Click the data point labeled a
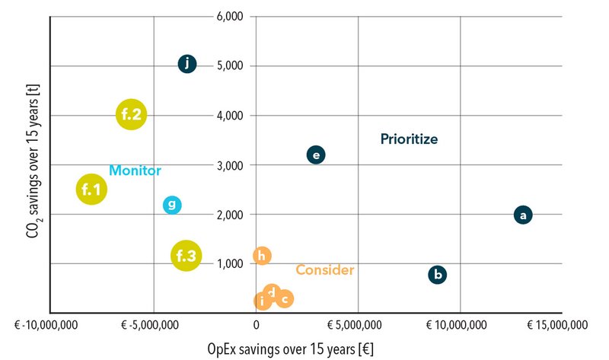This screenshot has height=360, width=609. click(522, 215)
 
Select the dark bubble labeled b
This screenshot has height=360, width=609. click(437, 275)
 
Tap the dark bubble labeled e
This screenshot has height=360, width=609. click(316, 155)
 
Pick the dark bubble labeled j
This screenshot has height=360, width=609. click(187, 64)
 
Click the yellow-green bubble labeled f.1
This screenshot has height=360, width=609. click(91, 189)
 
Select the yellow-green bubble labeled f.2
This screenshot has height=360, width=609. click(131, 115)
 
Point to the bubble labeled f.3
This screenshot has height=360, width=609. click(187, 256)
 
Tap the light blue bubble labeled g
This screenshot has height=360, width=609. click(172, 204)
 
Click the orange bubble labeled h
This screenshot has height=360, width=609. click(262, 256)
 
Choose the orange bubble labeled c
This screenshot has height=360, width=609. click(285, 299)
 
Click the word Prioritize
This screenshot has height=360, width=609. click(410, 139)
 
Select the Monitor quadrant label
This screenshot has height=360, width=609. click(135, 170)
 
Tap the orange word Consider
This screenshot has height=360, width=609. click(324, 270)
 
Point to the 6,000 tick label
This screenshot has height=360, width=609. click(228, 16)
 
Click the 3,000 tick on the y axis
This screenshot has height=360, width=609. click(228, 165)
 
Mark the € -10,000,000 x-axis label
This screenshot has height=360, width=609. click(49, 325)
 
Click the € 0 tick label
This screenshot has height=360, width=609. click(256, 325)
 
